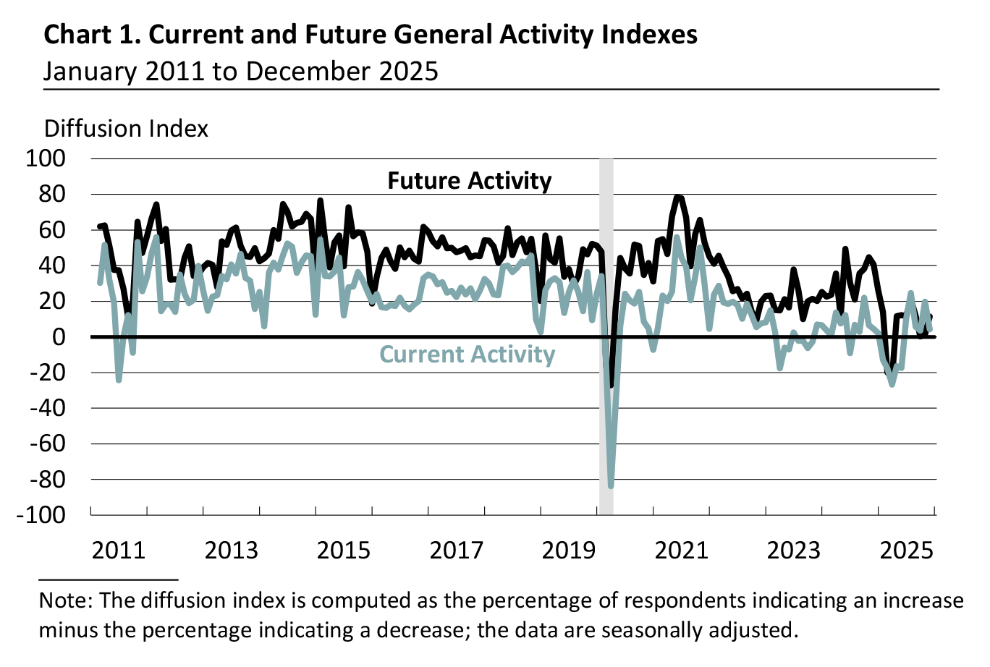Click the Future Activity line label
pos(469,181)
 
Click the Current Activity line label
pos(467,354)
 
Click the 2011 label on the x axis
pos(119,550)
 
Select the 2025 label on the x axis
pos(905,550)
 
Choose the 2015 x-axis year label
pos(344,550)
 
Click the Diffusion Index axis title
pos(126,129)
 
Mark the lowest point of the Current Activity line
pos(611,485)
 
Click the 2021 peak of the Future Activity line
pos(677,197)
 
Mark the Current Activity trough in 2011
pos(119,380)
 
